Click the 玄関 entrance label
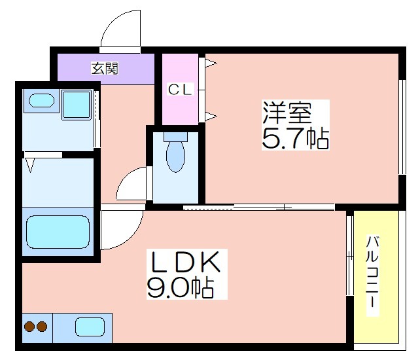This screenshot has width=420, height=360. (105, 69)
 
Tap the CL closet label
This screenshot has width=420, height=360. (181, 89)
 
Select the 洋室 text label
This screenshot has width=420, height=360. (287, 113)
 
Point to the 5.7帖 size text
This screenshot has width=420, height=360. (295, 138)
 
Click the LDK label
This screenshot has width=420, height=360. (186, 262)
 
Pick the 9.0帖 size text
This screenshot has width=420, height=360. (181, 287)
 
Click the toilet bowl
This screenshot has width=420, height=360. (176, 156)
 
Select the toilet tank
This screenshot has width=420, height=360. (175, 137)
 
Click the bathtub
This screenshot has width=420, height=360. (58, 232)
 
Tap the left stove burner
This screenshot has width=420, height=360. (29, 327)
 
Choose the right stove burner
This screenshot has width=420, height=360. (42, 327)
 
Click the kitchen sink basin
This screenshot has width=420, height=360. (90, 327)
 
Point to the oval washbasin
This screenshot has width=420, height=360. (41, 101)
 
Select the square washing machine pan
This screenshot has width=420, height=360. (76, 105)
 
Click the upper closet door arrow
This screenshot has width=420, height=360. (211, 63)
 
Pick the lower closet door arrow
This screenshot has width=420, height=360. (211, 117)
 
